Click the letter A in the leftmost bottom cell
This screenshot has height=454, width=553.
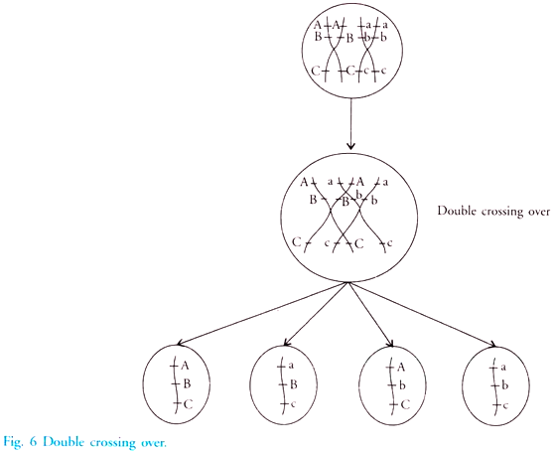click(x=185, y=366)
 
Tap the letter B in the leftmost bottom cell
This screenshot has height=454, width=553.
click(x=188, y=383)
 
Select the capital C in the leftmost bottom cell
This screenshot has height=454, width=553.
click(x=189, y=404)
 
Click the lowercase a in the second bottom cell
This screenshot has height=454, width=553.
click(x=291, y=366)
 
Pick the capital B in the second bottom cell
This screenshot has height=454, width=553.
click(x=294, y=384)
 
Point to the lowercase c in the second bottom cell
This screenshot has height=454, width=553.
click(x=292, y=404)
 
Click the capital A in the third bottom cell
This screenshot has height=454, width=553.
click(x=401, y=368)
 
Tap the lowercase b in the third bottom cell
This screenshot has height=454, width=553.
click(x=402, y=385)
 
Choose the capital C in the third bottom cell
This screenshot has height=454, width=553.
click(x=406, y=404)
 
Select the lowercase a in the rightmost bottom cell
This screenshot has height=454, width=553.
click(x=503, y=368)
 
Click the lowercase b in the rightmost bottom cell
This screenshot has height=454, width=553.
click(x=504, y=385)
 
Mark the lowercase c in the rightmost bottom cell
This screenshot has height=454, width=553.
click(x=505, y=406)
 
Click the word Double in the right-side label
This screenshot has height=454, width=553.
click(x=455, y=212)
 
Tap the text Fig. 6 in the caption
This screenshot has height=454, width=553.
click(x=20, y=442)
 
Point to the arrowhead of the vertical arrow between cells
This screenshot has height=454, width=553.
click(x=350, y=146)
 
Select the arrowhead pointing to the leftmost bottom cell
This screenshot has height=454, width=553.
click(x=180, y=342)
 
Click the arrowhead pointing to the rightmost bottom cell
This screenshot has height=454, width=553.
click(x=493, y=344)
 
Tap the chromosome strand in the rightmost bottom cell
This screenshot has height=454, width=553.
click(x=494, y=386)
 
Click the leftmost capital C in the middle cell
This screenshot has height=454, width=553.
click(x=297, y=242)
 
